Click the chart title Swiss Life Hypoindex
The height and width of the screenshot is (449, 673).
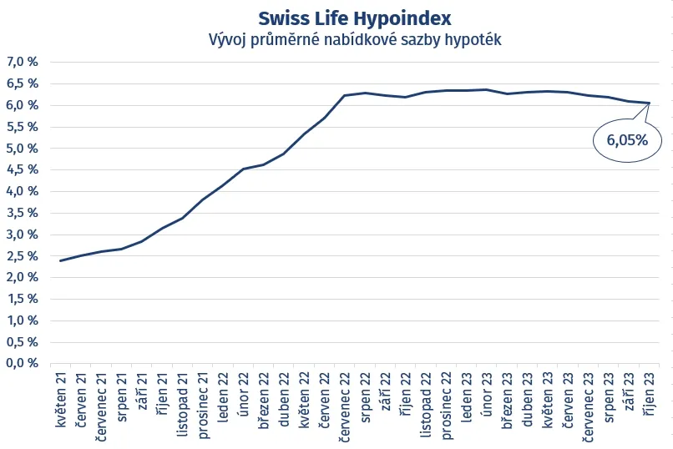(x=354, y=18)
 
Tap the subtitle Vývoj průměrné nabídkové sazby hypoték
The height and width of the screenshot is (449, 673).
(x=354, y=39)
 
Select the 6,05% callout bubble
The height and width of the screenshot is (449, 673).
(x=626, y=140)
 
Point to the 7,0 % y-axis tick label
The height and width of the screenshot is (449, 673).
(x=23, y=62)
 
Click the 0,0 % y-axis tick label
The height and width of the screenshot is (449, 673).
(x=23, y=363)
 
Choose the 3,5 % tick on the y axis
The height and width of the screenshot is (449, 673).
(x=23, y=213)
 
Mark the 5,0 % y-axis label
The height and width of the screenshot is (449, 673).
(x=23, y=149)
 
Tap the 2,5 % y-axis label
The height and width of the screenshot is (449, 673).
(x=23, y=256)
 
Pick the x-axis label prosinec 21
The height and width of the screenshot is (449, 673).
(x=203, y=404)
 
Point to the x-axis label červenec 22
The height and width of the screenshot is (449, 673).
(x=345, y=406)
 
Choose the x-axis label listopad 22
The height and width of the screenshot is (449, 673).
(x=426, y=404)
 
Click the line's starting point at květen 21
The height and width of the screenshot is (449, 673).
(x=60, y=260)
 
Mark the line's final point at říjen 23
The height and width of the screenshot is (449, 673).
(x=650, y=103)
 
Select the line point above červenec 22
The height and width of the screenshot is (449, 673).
(x=345, y=95)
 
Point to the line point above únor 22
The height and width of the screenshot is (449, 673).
(x=243, y=169)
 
